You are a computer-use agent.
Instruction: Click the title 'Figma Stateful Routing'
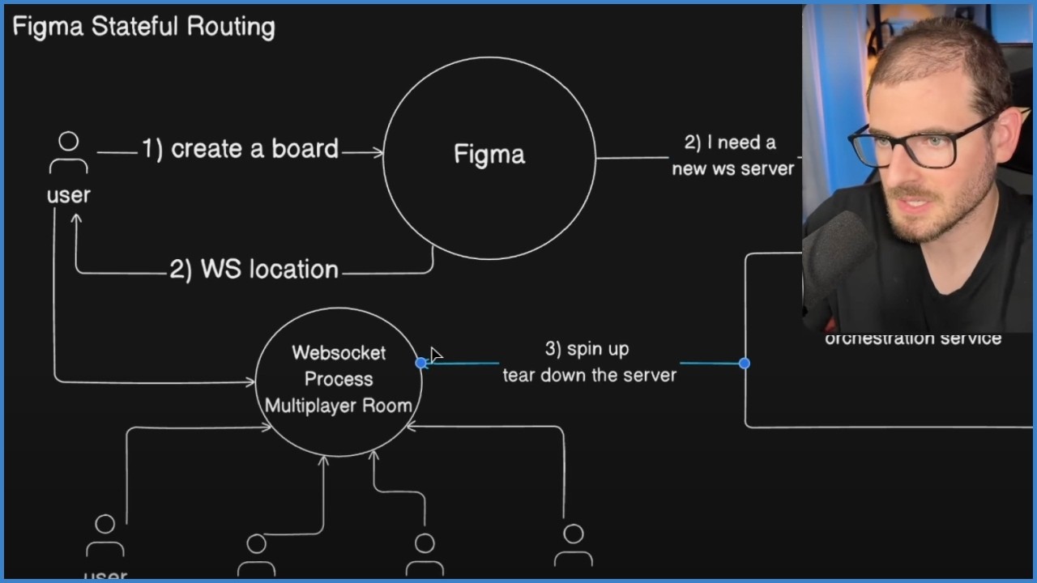click(143, 27)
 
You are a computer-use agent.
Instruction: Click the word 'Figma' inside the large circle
click(489, 155)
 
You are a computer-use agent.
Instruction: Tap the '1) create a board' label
click(240, 149)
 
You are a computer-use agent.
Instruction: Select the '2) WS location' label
click(254, 269)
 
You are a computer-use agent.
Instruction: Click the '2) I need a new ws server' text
click(733, 155)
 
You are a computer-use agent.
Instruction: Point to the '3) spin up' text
click(587, 349)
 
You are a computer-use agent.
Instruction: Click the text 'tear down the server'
click(589, 375)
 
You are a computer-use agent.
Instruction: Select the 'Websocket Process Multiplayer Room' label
click(339, 379)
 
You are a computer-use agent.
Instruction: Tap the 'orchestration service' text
click(913, 338)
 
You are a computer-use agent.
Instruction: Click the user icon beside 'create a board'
click(69, 151)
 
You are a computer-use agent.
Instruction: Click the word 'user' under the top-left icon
click(68, 195)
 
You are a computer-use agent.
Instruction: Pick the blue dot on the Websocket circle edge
click(420, 364)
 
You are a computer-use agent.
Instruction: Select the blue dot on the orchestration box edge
click(745, 364)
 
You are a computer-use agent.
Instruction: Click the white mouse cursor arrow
click(436, 355)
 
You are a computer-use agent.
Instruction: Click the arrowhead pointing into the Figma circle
click(378, 151)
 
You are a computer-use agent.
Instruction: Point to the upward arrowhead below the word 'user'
click(76, 218)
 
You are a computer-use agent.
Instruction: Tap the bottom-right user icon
click(573, 544)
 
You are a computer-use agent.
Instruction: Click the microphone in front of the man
click(834, 259)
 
